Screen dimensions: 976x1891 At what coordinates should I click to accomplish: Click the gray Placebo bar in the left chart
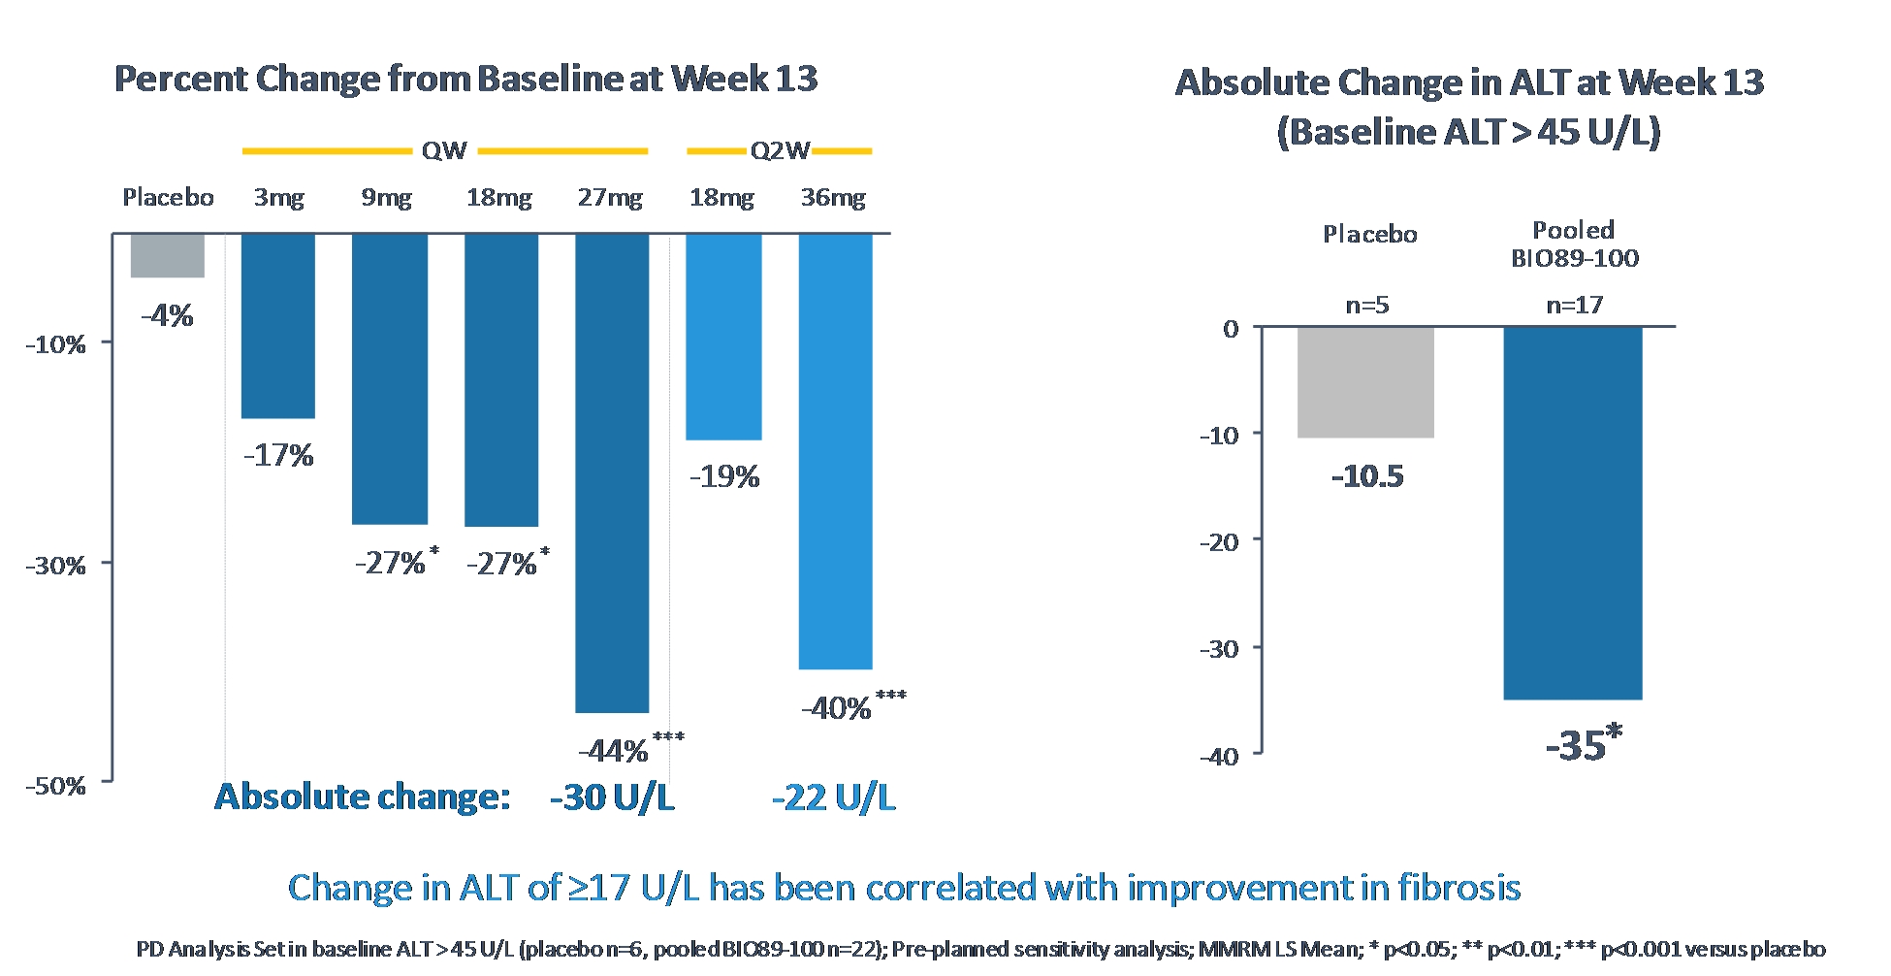tap(168, 256)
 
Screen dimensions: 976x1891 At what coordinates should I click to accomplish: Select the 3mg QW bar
tap(278, 326)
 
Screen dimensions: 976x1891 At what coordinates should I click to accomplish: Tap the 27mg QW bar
tap(612, 472)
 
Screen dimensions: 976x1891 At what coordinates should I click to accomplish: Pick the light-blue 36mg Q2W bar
tap(835, 451)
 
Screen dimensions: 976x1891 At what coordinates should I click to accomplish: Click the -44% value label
tap(614, 751)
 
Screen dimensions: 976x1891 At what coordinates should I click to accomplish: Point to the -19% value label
tap(724, 476)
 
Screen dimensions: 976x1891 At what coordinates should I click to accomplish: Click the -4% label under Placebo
tap(167, 315)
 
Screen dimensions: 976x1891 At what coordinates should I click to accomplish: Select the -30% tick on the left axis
tap(56, 565)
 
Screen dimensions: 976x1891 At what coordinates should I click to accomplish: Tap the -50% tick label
tap(56, 785)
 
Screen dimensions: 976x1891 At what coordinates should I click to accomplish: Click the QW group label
tap(444, 151)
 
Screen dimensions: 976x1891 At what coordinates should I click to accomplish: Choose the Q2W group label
tap(780, 151)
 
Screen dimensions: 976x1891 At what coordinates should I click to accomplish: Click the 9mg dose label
tap(387, 198)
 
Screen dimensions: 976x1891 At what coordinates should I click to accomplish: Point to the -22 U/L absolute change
tap(834, 797)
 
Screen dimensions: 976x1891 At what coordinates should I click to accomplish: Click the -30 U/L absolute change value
tap(612, 797)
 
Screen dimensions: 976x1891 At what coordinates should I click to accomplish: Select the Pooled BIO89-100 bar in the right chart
tap(1573, 512)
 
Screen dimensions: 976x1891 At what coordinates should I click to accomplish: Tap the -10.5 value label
tap(1367, 476)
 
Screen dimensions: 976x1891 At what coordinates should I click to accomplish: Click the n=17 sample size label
tap(1574, 306)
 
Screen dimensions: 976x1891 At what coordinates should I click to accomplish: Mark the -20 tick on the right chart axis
tap(1220, 541)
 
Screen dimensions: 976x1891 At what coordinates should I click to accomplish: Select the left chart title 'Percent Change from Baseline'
tap(465, 79)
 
